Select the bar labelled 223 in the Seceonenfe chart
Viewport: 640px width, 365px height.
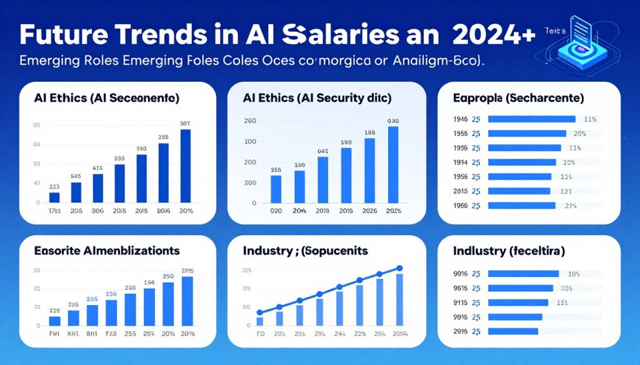point(54,197)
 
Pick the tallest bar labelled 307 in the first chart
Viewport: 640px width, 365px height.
point(186,165)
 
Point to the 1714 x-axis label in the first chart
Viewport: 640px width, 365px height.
point(54,211)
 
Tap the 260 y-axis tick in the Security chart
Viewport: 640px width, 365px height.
point(250,122)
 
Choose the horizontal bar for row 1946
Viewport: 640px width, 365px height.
point(531,119)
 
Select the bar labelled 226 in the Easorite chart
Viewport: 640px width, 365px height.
point(54,321)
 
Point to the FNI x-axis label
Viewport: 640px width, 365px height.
point(54,334)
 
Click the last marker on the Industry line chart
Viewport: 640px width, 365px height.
point(399,269)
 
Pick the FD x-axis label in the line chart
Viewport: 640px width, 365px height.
point(260,334)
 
